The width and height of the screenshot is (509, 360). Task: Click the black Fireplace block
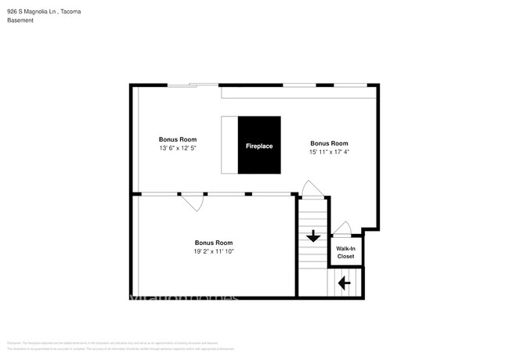pyautogui.click(x=259, y=146)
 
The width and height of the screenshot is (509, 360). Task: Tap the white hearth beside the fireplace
pyautogui.click(x=229, y=146)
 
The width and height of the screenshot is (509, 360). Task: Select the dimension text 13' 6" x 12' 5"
pyautogui.click(x=177, y=148)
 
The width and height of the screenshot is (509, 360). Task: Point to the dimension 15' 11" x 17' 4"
pyautogui.click(x=329, y=152)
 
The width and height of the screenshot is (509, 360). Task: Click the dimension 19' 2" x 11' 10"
pyautogui.click(x=214, y=251)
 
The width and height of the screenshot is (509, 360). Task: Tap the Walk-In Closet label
pyautogui.click(x=345, y=253)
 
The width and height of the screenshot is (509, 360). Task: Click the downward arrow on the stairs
pyautogui.click(x=312, y=236)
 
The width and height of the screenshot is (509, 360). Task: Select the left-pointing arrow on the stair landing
pyautogui.click(x=344, y=283)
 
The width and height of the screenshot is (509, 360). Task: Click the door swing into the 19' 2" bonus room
pyautogui.click(x=193, y=202)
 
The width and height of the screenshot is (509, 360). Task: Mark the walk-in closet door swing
pyautogui.click(x=341, y=229)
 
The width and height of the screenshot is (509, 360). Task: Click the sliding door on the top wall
pyautogui.click(x=193, y=85)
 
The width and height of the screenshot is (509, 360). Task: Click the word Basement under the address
pyautogui.click(x=20, y=22)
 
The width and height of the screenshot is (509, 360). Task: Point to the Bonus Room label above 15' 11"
pyautogui.click(x=329, y=143)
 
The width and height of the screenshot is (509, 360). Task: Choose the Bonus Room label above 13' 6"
pyautogui.click(x=177, y=139)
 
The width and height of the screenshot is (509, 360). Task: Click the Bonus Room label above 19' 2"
pyautogui.click(x=214, y=243)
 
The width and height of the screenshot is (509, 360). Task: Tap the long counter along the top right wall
pyautogui.click(x=298, y=93)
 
